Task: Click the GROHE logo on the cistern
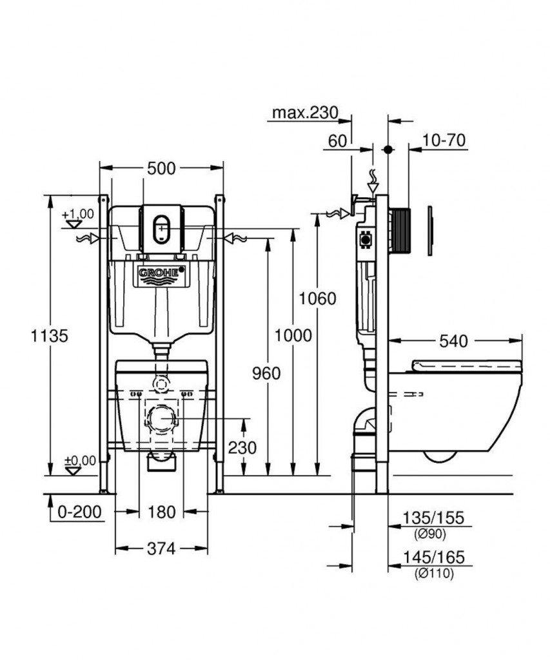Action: pyautogui.click(x=161, y=273)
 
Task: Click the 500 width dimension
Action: pyautogui.click(x=161, y=168)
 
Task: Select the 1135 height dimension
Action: pyautogui.click(x=50, y=336)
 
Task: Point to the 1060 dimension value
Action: pyautogui.click(x=317, y=299)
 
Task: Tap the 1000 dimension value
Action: pyautogui.click(x=293, y=335)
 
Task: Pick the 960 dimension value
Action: pyautogui.click(x=266, y=373)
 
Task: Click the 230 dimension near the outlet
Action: pyautogui.click(x=242, y=447)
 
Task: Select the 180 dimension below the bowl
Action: pyautogui.click(x=161, y=512)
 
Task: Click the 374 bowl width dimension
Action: pyautogui.click(x=161, y=549)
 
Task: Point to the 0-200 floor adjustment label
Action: pyautogui.click(x=79, y=512)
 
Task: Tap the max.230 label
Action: pyautogui.click(x=306, y=112)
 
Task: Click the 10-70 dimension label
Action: pyautogui.click(x=444, y=140)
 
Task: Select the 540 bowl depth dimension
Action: pyautogui.click(x=453, y=342)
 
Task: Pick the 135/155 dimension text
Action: pyautogui.click(x=433, y=518)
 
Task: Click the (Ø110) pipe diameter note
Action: pyautogui.click(x=434, y=573)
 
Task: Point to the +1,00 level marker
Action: pyautogui.click(x=78, y=214)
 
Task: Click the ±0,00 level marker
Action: pyautogui.click(x=79, y=461)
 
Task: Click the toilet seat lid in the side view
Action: pyautogui.click(x=467, y=366)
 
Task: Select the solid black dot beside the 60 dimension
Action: pyautogui.click(x=388, y=150)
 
